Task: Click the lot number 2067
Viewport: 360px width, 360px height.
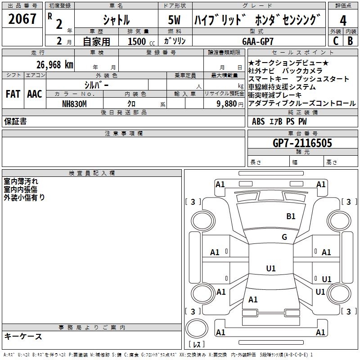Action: [x=22, y=19]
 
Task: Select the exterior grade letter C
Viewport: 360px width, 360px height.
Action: [x=335, y=40]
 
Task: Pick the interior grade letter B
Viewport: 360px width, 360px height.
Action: [x=350, y=40]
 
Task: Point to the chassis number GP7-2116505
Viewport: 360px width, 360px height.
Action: [x=302, y=143]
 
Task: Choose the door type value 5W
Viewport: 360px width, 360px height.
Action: [x=175, y=20]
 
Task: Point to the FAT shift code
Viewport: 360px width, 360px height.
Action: [x=13, y=94]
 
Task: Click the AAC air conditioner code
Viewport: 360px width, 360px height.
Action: [x=34, y=94]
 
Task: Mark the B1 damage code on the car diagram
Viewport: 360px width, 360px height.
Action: [x=291, y=216]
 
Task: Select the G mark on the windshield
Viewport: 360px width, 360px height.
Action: [x=284, y=237]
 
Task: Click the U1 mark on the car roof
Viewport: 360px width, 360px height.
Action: [x=270, y=269]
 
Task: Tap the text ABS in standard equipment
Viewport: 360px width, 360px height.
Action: [x=258, y=121]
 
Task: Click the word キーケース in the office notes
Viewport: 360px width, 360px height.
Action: [x=23, y=336]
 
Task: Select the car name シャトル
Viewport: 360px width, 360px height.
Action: [x=116, y=20]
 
